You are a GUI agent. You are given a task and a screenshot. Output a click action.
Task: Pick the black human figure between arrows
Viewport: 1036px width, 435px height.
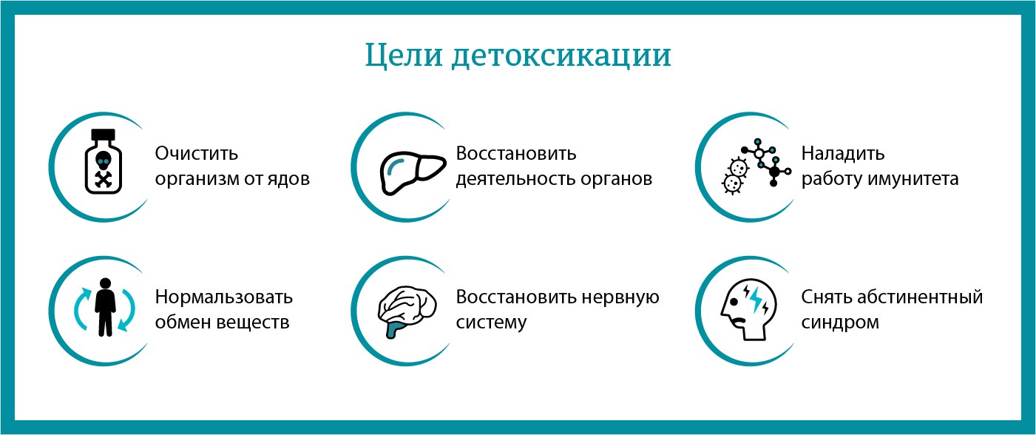click(x=106, y=306)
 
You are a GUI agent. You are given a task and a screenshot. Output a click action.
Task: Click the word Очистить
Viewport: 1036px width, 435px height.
click(x=197, y=154)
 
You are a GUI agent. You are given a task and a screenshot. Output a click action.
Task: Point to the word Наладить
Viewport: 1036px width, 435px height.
click(x=843, y=154)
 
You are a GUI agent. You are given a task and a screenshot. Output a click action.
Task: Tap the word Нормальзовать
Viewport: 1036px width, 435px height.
click(x=224, y=297)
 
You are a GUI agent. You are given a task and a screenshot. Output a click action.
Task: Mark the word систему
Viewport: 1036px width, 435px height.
click(x=491, y=323)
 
